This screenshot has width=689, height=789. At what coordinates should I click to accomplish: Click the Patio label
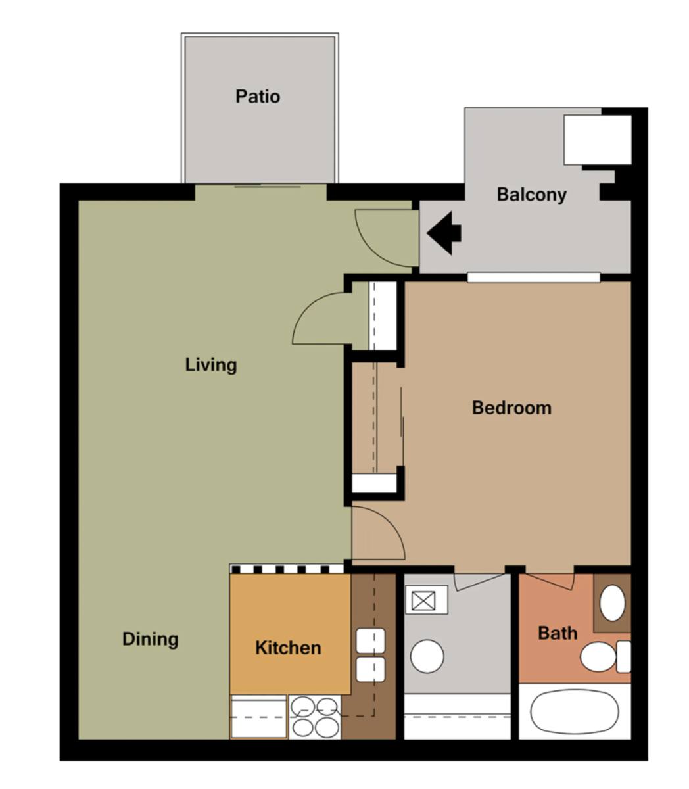[258, 97]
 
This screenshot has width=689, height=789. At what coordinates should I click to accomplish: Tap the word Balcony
[531, 195]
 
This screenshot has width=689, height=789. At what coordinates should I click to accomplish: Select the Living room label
[211, 365]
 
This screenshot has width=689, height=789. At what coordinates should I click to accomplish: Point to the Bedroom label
[511, 408]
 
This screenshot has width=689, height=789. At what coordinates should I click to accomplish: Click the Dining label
[151, 639]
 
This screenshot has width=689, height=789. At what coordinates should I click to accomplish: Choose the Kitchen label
[288, 648]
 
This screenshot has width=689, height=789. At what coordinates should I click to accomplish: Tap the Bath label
[558, 633]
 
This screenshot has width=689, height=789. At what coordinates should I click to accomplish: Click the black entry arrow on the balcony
[444, 233]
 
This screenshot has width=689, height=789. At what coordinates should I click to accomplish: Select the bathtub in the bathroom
[575, 711]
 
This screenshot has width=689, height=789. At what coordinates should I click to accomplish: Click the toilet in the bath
[606, 657]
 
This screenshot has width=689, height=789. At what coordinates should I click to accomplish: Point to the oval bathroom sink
[612, 603]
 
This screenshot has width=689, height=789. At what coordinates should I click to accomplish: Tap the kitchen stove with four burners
[315, 717]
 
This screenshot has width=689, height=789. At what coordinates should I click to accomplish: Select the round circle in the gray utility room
[427, 656]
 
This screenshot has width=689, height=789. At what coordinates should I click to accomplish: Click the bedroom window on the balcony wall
[534, 277]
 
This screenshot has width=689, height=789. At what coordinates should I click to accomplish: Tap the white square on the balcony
[598, 139]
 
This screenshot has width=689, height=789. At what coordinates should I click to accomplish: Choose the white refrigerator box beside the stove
[259, 717]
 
